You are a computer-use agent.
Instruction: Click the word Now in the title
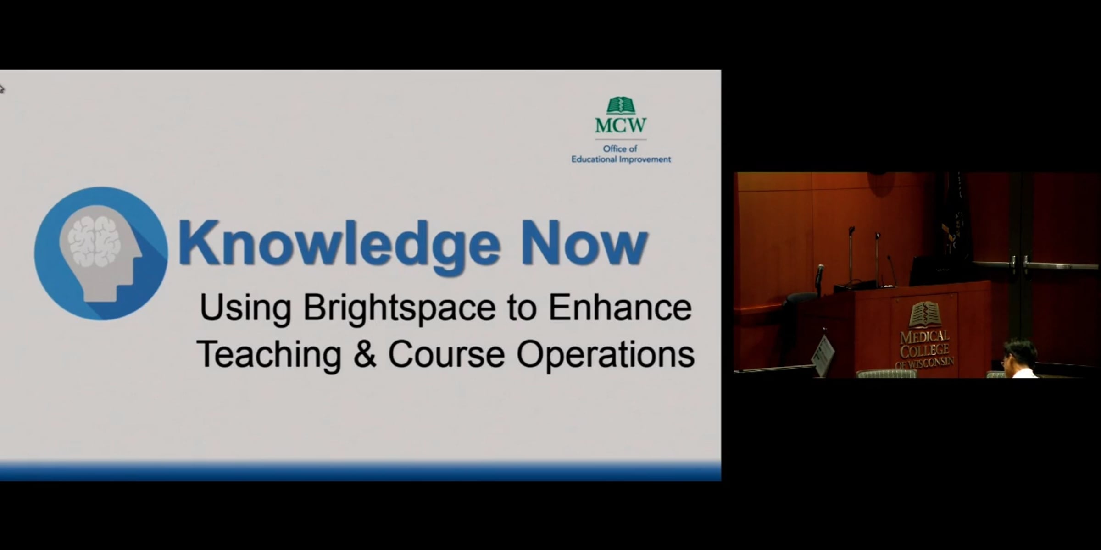click(x=584, y=243)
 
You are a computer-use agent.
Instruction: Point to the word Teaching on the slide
click(x=269, y=355)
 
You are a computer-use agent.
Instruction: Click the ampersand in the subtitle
click(x=365, y=354)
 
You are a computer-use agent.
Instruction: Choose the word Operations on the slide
click(x=606, y=355)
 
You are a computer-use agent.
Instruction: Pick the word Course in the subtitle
click(x=446, y=354)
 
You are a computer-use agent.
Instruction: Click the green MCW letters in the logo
click(x=621, y=125)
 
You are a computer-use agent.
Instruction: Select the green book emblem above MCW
click(x=621, y=105)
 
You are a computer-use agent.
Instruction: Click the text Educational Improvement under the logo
click(x=621, y=159)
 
